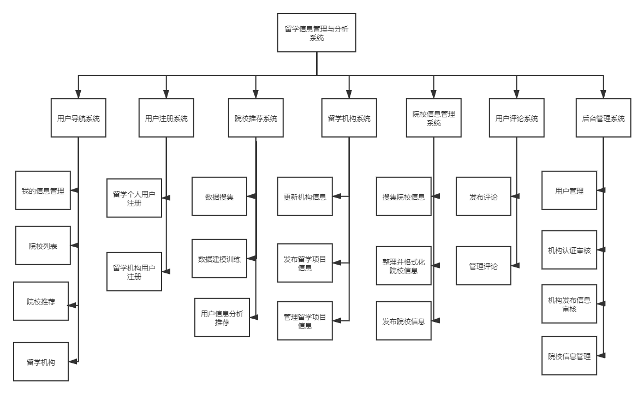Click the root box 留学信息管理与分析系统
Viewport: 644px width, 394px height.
[317, 33]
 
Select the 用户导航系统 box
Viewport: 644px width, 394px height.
[79, 118]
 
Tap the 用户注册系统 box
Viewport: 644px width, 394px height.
[166, 118]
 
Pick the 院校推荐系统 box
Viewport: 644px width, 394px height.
[256, 118]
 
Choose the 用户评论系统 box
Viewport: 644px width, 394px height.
[516, 118]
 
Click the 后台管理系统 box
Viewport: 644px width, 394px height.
[603, 118]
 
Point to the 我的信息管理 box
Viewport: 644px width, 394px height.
[43, 190]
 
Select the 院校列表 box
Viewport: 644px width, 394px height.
[43, 246]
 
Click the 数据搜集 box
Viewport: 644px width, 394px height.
[219, 196]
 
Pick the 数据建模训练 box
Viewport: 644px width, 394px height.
[219, 259]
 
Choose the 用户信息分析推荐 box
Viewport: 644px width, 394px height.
[222, 318]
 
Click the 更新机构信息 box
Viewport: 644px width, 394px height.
[305, 196]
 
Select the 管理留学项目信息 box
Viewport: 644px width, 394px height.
[305, 321]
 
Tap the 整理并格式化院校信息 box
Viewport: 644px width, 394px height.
[404, 266]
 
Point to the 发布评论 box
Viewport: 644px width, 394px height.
[484, 196]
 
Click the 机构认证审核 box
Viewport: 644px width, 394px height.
[569, 250]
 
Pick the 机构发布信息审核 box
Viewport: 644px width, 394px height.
[569, 304]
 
